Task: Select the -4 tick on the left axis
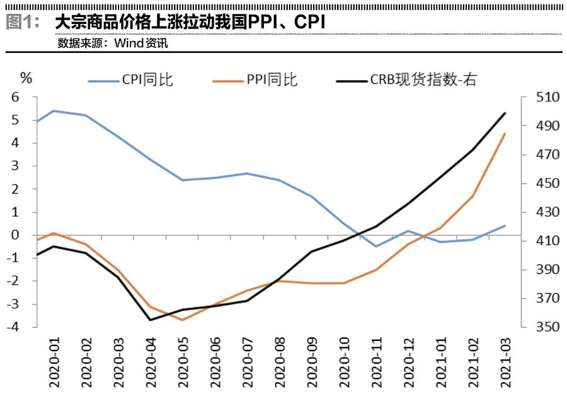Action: tap(14, 327)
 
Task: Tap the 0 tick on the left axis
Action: tap(16, 235)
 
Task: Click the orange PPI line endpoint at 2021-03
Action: tap(505, 134)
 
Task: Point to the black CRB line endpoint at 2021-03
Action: tap(505, 113)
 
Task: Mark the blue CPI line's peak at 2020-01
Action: tap(53, 111)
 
